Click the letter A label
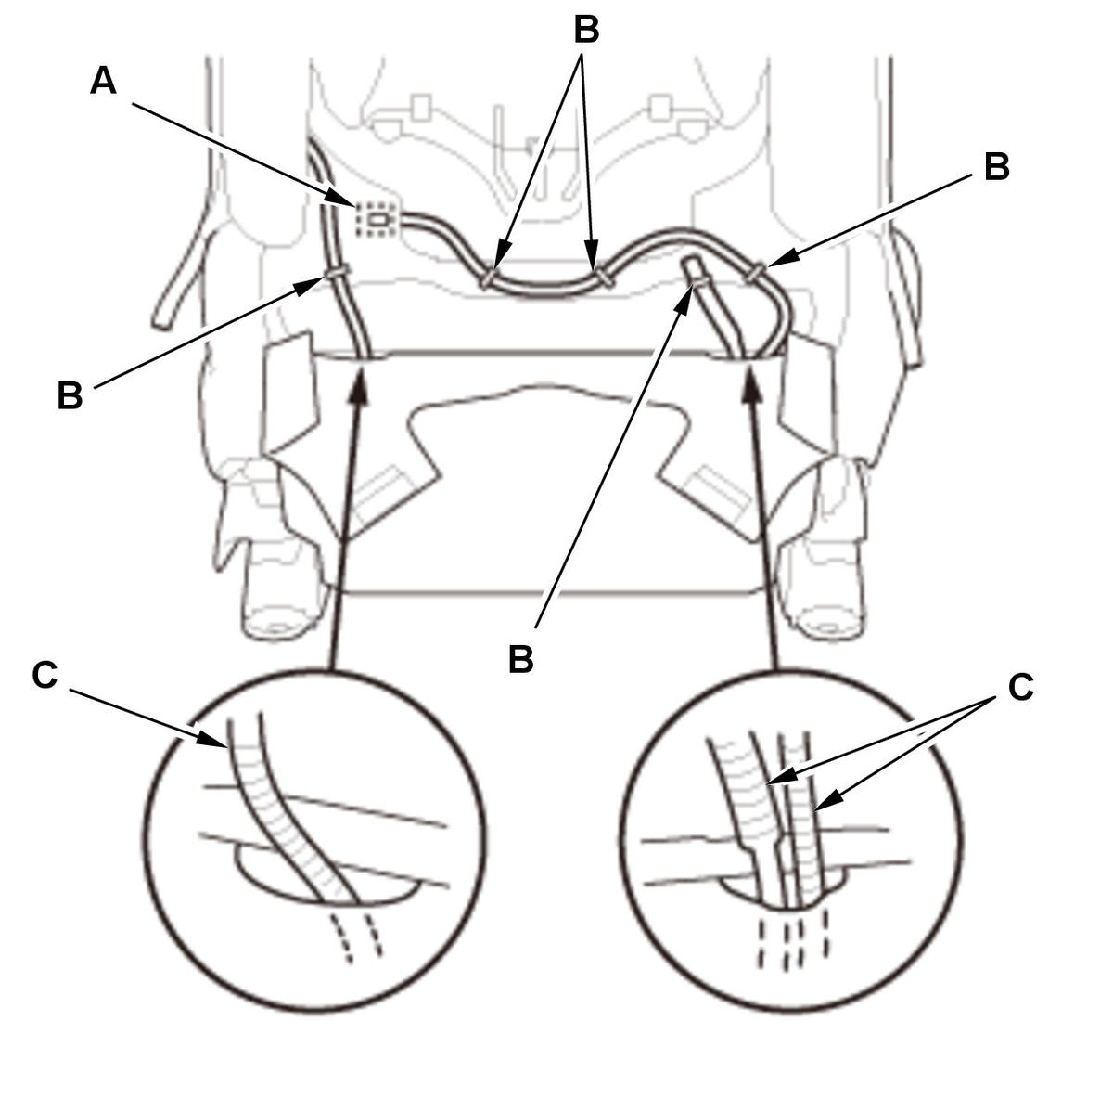coord(103,81)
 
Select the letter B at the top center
coord(585,29)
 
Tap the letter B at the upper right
coord(996,167)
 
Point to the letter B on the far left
coord(70,395)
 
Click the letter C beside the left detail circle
coord(45,675)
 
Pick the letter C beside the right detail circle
coord(1020,687)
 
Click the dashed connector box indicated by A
coord(377,219)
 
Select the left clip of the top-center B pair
coord(489,277)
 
